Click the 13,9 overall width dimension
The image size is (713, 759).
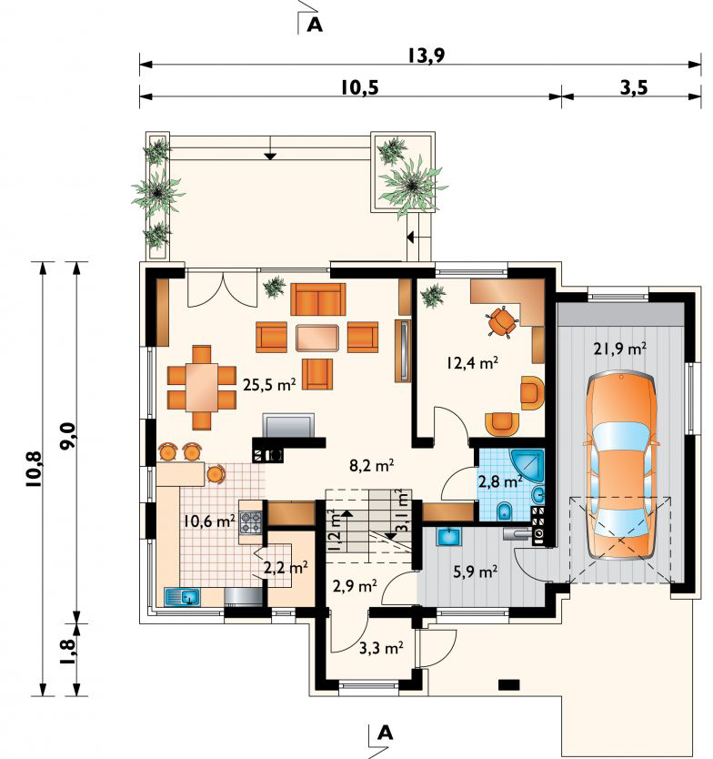click(426, 56)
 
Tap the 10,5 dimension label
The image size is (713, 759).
click(359, 88)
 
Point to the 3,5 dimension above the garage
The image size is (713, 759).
click(633, 88)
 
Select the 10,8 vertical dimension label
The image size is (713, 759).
click(35, 469)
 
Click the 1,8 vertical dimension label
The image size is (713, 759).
click(67, 653)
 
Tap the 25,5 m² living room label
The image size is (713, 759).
click(269, 385)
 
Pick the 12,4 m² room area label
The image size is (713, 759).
click(472, 362)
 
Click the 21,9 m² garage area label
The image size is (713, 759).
click(620, 348)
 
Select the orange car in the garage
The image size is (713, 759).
click(621, 466)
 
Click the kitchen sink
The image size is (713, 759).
click(183, 597)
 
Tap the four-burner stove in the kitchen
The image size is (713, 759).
click(251, 522)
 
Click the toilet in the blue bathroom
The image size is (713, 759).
click(506, 511)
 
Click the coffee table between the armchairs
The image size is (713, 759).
click(316, 338)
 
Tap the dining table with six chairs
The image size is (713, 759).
click(202, 388)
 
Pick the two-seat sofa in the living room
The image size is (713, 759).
click(318, 299)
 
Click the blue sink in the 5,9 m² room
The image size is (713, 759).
click(450, 536)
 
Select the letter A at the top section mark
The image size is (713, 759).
click(315, 25)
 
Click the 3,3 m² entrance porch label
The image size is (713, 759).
click(382, 648)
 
